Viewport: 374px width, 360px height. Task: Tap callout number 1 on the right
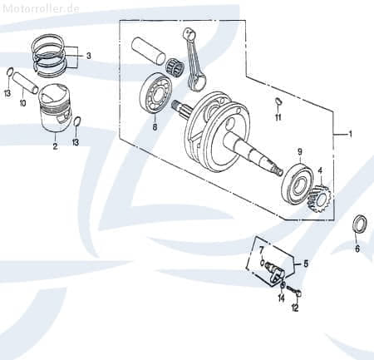point(350,134)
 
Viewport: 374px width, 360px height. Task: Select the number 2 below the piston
point(55,146)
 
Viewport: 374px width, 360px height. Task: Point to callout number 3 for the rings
point(89,57)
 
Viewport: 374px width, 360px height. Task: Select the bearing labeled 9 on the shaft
point(298,181)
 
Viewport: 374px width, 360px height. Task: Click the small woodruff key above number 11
point(278,102)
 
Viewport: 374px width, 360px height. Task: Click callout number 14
point(281,297)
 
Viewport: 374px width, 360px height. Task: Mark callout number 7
point(260,249)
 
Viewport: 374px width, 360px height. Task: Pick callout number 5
point(306,264)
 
